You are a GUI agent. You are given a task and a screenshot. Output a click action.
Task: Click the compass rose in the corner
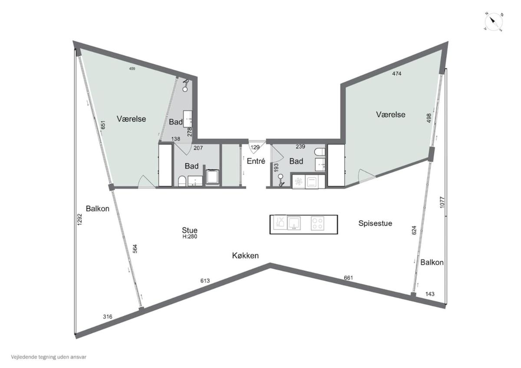[493, 22]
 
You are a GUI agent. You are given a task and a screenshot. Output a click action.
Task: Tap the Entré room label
[256, 161]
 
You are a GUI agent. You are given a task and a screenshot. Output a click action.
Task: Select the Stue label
[190, 230]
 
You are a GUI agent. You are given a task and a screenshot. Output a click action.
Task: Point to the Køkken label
[245, 256]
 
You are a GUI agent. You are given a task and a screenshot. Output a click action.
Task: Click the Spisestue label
[375, 223]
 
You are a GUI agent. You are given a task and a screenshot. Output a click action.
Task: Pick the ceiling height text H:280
[190, 237]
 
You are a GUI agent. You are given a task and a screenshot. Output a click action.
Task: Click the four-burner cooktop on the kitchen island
[317, 223]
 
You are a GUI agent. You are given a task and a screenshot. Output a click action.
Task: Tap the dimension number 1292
[79, 219]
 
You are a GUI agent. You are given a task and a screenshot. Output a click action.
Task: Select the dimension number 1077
[442, 202]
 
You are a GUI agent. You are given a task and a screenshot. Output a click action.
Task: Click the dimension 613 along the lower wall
[205, 281]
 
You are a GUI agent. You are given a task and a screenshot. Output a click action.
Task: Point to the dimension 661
[348, 278]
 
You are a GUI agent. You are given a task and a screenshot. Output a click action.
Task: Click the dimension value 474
[396, 73]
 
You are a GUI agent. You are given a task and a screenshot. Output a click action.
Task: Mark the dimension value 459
[132, 69]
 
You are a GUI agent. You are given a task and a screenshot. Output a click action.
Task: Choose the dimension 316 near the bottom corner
[108, 316]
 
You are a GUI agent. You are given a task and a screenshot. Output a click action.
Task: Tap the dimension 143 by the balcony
[430, 294]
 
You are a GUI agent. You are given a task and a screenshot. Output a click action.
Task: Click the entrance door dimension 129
[255, 147]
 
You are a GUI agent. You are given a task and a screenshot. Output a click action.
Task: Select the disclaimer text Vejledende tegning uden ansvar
[49, 357]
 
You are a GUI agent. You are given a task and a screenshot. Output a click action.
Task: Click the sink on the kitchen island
[294, 223]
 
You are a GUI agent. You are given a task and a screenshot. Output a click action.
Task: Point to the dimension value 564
[135, 249]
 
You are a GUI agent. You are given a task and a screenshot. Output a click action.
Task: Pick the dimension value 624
[414, 230]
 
